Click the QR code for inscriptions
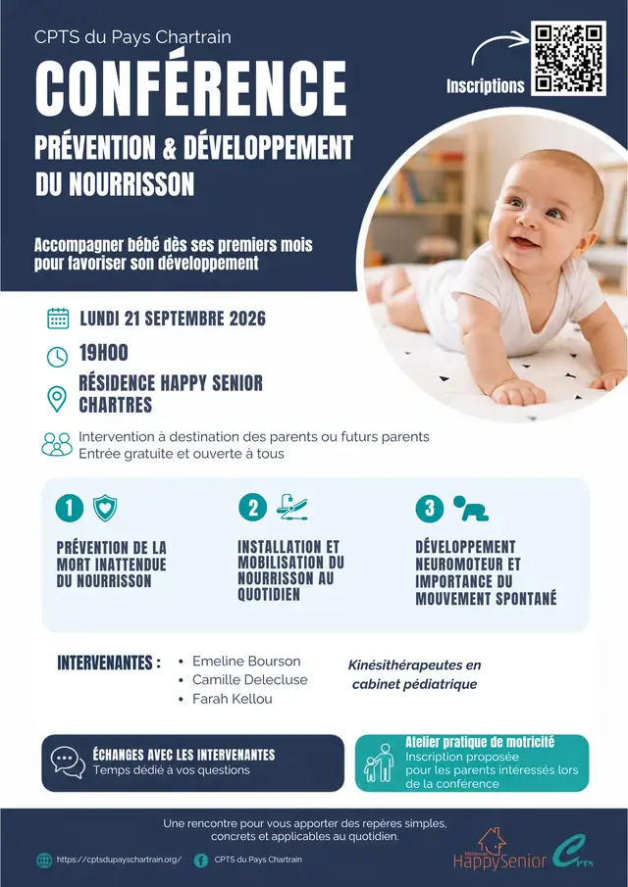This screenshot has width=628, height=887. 568,58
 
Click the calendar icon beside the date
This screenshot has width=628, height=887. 58,319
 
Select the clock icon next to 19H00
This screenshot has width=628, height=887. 57,357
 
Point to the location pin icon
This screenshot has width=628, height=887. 57,399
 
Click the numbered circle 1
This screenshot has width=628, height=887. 70,508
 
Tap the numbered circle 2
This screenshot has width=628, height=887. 252,508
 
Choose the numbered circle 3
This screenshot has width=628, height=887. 430,508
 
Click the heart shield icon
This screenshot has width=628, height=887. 105,508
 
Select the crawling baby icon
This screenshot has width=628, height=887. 470,509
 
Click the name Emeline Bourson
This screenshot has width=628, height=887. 246,662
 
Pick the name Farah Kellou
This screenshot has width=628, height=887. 233,699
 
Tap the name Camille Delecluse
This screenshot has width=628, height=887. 249,680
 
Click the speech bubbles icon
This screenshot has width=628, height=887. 68,762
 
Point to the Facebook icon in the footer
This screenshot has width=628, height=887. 201,861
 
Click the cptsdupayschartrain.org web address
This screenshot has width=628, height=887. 119,860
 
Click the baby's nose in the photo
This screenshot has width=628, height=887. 528,222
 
